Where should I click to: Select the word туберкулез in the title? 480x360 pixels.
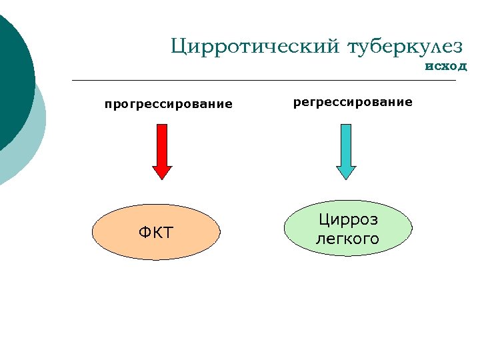(x=405, y=46)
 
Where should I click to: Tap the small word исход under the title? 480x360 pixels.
(x=445, y=66)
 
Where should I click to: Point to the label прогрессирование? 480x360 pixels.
(x=168, y=104)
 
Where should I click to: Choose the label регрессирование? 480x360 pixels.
(x=353, y=102)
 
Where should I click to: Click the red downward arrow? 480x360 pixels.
(x=162, y=148)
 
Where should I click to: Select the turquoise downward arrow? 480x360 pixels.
(x=346, y=148)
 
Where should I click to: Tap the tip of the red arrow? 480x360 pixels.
(x=162, y=178)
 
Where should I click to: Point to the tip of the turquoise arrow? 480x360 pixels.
(x=346, y=178)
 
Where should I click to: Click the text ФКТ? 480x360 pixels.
(x=155, y=233)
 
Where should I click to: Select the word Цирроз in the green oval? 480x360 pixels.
(x=347, y=219)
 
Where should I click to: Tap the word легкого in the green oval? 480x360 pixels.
(x=347, y=238)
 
